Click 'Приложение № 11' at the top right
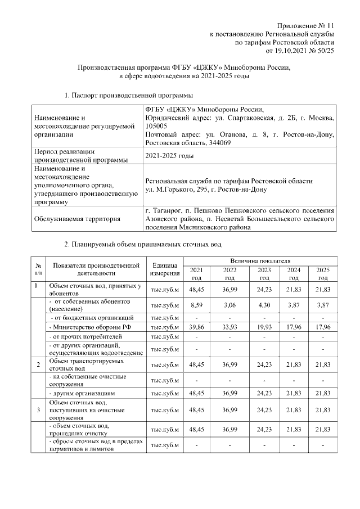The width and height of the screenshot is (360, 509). pyautogui.click(x=306, y=26)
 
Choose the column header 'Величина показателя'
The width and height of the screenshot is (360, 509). pyautogui.click(x=259, y=262)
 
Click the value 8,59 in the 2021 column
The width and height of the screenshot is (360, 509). pyautogui.click(x=196, y=304)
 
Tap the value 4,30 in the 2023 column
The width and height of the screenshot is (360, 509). pyautogui.click(x=263, y=304)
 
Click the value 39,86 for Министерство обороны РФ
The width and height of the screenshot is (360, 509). pyautogui.click(x=196, y=327)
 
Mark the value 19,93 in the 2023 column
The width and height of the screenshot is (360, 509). pyautogui.click(x=263, y=327)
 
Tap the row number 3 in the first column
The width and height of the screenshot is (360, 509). pyautogui.click(x=37, y=410)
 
